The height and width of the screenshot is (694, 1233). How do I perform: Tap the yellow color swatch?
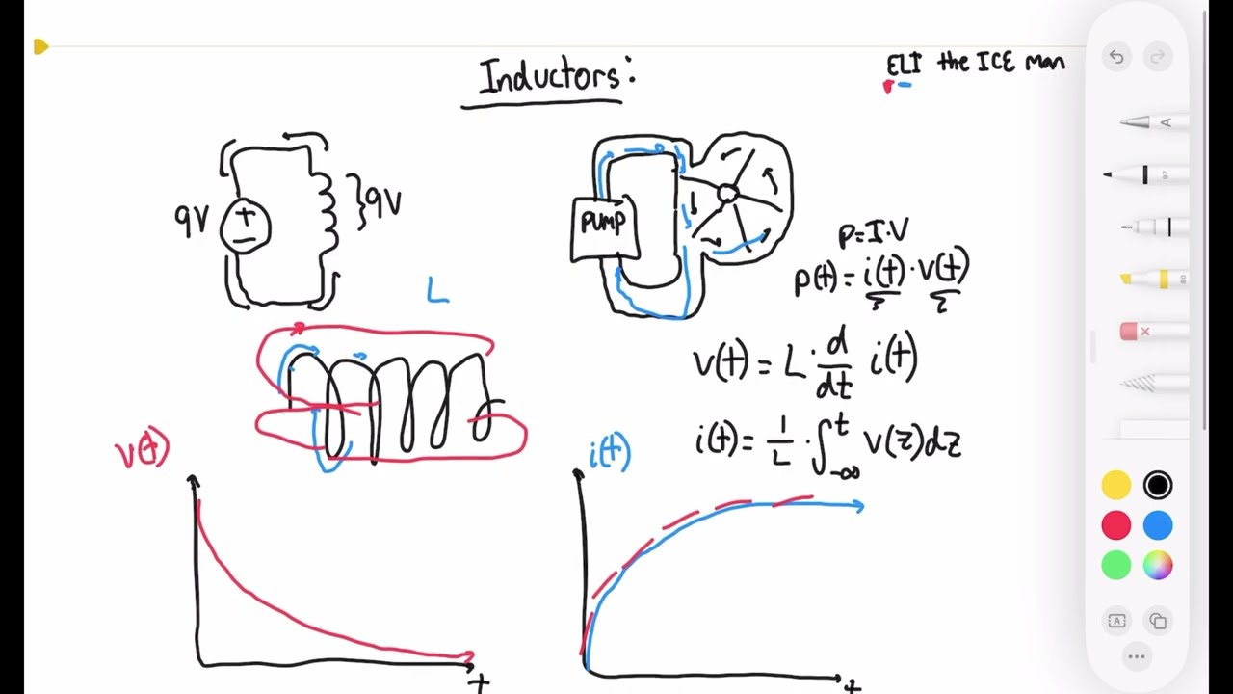click(x=1116, y=485)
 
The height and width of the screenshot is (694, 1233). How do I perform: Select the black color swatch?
click(x=1158, y=485)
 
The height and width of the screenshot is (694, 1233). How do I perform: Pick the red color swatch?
click(x=1116, y=525)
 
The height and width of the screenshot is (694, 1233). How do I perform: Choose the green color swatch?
click(x=1116, y=566)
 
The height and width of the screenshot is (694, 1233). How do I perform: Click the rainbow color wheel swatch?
click(x=1158, y=566)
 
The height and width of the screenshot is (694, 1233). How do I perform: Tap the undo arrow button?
click(x=1116, y=57)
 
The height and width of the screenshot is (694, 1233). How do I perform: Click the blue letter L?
click(x=438, y=290)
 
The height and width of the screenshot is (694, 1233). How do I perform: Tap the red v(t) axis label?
click(x=143, y=450)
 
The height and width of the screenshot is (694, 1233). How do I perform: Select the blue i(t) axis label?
click(x=610, y=452)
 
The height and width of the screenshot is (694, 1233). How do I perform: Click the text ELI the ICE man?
click(x=975, y=64)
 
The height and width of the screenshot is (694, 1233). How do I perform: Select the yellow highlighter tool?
click(x=1151, y=280)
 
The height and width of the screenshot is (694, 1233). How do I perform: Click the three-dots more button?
click(x=1137, y=657)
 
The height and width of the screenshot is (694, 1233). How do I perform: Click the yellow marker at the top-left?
click(x=40, y=46)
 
